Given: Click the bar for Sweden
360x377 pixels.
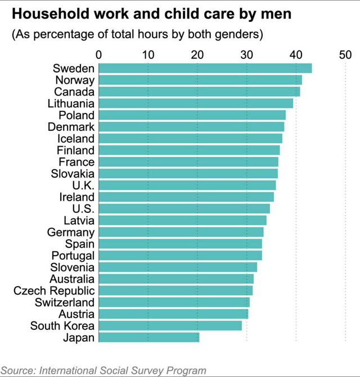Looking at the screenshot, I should [205, 69].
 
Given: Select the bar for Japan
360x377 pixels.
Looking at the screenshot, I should [149, 337].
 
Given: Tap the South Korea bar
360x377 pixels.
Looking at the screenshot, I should [170, 325].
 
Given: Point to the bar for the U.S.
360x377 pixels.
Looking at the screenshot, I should [184, 208].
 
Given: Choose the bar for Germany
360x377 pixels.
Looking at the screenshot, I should [181, 232].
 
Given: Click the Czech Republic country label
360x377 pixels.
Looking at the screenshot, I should [54, 290].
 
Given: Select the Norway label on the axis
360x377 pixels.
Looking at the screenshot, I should [75, 80].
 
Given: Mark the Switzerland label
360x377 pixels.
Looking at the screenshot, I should [66, 302].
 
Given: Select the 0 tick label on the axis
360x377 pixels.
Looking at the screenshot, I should [99, 54].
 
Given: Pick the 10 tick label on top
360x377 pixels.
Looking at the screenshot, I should [148, 54].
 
